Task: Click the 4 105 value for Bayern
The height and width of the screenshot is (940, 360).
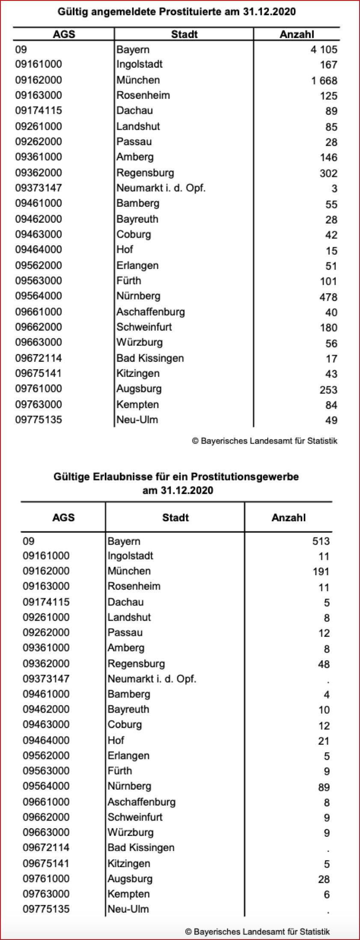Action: [x=324, y=50]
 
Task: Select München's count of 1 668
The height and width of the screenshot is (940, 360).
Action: [x=324, y=81]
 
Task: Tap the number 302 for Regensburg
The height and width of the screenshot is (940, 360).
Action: [x=328, y=173]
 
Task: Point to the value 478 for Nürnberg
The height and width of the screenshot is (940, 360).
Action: [x=328, y=297]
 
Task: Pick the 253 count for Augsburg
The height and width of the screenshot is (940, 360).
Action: [x=328, y=390]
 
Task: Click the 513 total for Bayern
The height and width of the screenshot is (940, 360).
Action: [x=321, y=541]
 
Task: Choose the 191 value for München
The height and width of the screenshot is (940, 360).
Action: [x=321, y=572]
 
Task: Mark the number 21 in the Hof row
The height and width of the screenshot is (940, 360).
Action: [x=324, y=741]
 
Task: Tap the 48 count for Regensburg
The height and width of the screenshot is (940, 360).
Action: [x=324, y=664]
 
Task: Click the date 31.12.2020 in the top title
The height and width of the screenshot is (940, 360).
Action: [x=269, y=12]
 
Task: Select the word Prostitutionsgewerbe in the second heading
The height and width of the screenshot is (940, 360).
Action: [x=245, y=477]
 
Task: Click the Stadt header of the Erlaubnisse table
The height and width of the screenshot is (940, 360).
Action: [x=175, y=517]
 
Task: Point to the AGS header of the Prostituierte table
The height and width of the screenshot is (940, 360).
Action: [x=64, y=34]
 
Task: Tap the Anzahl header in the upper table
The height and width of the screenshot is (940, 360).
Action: [x=297, y=34]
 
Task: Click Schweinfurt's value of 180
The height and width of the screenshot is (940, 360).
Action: [x=328, y=328]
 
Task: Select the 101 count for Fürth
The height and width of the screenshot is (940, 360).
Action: [x=328, y=281]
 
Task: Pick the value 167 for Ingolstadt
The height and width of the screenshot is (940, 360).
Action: [x=328, y=65]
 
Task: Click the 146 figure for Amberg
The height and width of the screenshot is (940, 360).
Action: [x=328, y=158]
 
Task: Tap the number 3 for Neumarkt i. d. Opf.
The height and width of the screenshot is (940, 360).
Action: [x=334, y=188]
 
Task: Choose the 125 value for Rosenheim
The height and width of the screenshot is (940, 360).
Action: [x=328, y=96]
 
